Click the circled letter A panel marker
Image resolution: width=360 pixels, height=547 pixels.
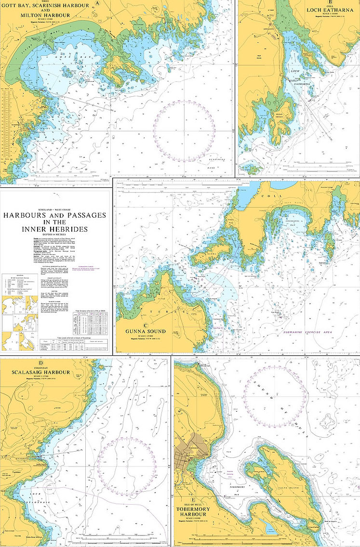click(98, 3)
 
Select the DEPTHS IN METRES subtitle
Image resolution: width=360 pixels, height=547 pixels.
click(56, 235)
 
